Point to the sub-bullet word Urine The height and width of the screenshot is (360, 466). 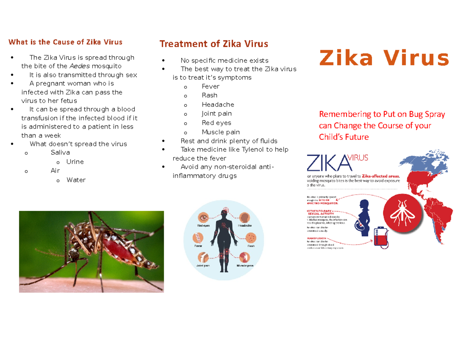[75, 162]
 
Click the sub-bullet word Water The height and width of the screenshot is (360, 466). [76, 180]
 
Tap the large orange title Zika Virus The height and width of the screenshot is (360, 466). [384, 59]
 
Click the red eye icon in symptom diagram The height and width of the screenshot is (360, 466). [203, 217]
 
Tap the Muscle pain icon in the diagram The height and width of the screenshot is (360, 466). [245, 257]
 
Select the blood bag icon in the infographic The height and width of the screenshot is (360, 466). [379, 238]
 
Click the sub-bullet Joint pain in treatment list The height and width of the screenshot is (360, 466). [217, 114]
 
